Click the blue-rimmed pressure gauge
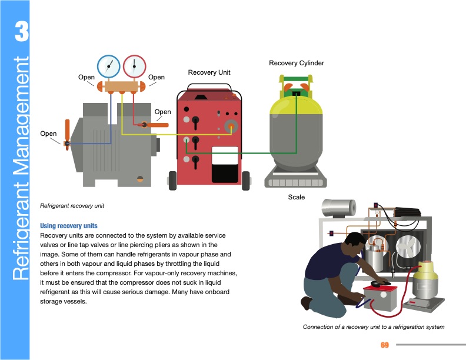pos(108,66)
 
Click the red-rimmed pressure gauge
pos(135,66)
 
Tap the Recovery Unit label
pos(209,72)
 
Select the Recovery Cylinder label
pos(297,63)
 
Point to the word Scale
pos(297,197)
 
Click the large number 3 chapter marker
pos(21,32)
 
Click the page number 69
pos(385,345)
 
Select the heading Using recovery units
pos(68,226)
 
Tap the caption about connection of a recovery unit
pos(373,326)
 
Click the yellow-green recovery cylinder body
pos(297,132)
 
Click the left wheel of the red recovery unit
pos(173,179)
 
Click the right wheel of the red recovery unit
pos(245,179)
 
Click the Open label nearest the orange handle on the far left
pos(48,134)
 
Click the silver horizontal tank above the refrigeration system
pos(339,207)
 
